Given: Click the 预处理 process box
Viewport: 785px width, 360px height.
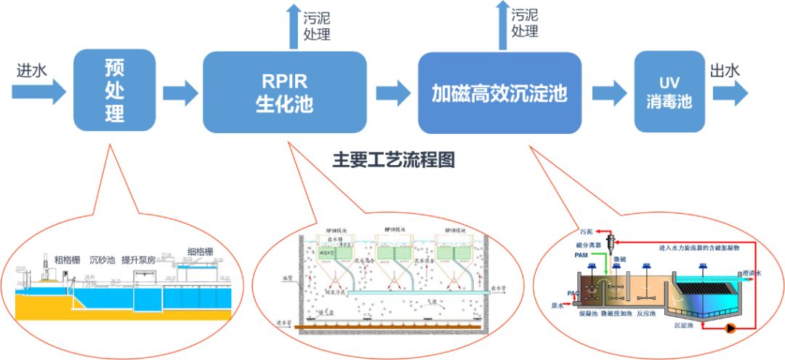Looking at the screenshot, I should (x=114, y=92).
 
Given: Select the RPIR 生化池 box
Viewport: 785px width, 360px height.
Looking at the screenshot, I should (x=284, y=92).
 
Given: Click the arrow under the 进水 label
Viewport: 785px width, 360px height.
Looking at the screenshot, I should (x=38, y=92).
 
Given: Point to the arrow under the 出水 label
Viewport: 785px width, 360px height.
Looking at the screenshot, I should (x=730, y=92).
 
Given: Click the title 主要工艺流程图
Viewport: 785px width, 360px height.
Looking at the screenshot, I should (x=393, y=160).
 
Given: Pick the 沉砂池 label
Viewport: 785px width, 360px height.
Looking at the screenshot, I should (x=102, y=259).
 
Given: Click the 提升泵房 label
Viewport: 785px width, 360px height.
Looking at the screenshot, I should (x=141, y=259).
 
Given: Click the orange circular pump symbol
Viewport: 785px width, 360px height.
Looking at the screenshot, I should (x=729, y=328).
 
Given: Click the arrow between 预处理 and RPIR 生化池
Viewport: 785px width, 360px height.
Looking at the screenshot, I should (x=180, y=92).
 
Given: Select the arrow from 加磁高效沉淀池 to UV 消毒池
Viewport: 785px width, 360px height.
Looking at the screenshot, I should (x=609, y=92).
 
